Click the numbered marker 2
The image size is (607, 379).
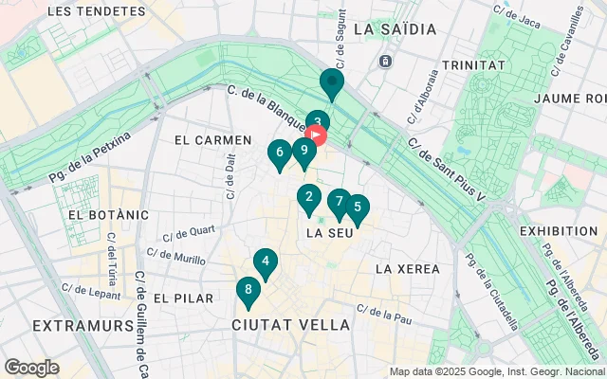pyautogui.click(x=308, y=198)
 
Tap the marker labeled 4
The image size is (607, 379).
pyautogui.click(x=266, y=262)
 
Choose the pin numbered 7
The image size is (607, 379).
pyautogui.click(x=339, y=201)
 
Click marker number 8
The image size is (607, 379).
pyautogui.click(x=248, y=290)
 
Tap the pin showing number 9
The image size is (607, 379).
pyautogui.click(x=303, y=150)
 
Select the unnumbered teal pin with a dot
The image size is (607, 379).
pyautogui.click(x=331, y=82)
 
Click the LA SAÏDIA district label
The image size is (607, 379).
pyautogui.click(x=395, y=29)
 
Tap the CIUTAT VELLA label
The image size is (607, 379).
pyautogui.click(x=291, y=325)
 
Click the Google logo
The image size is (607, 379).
pyautogui.click(x=31, y=368)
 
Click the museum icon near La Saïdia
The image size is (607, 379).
pyautogui.click(x=385, y=62)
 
